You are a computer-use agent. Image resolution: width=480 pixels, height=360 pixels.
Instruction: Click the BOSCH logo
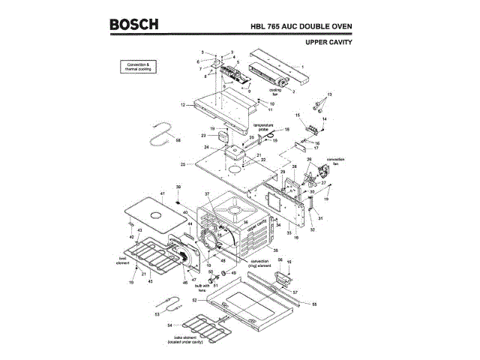(134, 24)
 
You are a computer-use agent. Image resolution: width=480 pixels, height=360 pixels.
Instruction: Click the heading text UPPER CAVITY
(329, 42)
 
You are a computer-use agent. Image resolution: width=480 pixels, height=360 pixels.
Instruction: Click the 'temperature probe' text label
(262, 127)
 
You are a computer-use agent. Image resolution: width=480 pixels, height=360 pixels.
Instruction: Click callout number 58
(178, 140)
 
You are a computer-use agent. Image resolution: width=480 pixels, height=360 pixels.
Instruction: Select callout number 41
(161, 194)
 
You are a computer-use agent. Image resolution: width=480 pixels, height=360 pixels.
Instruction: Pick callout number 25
(182, 164)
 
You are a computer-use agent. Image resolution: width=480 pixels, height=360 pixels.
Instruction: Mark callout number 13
(328, 94)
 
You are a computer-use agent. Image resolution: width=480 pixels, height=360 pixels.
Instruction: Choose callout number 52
(193, 300)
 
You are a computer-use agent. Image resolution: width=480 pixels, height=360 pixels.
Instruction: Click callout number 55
(314, 304)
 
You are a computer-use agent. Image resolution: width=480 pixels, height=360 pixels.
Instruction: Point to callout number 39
(178, 186)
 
